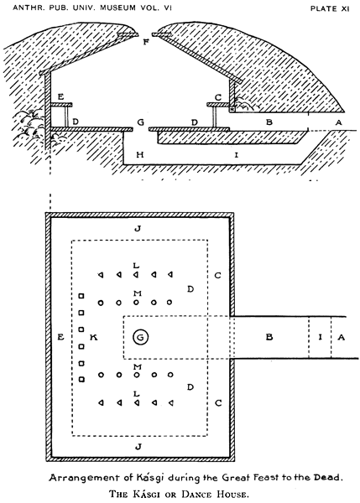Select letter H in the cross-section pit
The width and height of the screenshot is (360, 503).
point(141,156)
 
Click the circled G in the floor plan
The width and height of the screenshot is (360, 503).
point(141,337)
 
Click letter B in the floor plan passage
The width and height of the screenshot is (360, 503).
point(269,337)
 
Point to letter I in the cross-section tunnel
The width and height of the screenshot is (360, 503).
point(237,156)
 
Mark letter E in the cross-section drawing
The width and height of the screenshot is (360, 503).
point(61,97)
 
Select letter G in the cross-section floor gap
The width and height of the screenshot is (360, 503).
point(141,123)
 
